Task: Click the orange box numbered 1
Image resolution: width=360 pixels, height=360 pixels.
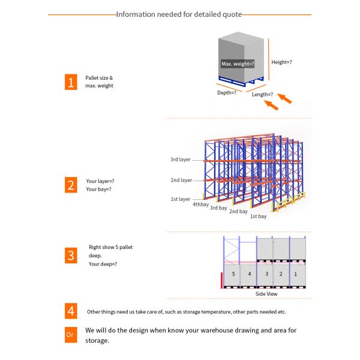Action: click(71, 82)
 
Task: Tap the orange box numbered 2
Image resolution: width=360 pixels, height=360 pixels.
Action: click(71, 185)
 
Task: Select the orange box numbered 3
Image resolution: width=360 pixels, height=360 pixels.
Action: click(71, 255)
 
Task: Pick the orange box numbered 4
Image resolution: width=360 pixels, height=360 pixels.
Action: click(71, 311)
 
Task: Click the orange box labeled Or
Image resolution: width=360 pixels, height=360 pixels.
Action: click(71, 334)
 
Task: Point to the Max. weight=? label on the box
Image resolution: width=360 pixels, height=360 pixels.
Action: click(238, 64)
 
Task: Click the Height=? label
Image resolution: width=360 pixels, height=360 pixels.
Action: click(282, 62)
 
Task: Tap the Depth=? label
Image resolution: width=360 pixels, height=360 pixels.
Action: click(226, 92)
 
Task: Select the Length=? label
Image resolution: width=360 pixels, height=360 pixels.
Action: click(262, 94)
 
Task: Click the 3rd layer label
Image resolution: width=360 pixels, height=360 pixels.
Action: click(181, 160)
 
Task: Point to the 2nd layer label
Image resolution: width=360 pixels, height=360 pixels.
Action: click(181, 180)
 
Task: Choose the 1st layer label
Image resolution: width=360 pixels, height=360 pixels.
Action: click(181, 199)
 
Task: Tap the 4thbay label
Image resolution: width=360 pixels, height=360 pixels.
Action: click(200, 204)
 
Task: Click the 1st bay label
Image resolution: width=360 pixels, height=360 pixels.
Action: click(258, 216)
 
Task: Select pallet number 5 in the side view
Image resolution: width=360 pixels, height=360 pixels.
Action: click(233, 274)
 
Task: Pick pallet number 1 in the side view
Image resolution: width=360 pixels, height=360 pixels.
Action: click(295, 274)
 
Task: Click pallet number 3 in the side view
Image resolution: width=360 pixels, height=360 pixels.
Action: click(266, 274)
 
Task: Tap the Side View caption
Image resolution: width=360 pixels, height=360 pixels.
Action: click(266, 294)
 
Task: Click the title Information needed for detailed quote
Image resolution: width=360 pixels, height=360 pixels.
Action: click(179, 14)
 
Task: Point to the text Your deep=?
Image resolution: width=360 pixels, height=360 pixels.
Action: click(103, 264)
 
